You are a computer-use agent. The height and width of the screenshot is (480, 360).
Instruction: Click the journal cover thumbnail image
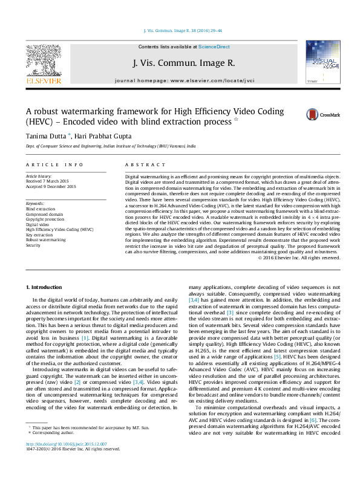point(319,63)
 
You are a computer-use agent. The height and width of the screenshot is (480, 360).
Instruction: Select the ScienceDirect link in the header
point(214,47)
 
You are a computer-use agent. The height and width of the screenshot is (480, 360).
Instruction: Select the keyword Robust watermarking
point(46,240)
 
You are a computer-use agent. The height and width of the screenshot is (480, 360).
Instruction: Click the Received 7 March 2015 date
point(50,181)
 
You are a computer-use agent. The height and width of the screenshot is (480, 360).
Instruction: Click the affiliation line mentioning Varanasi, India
point(110,146)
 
